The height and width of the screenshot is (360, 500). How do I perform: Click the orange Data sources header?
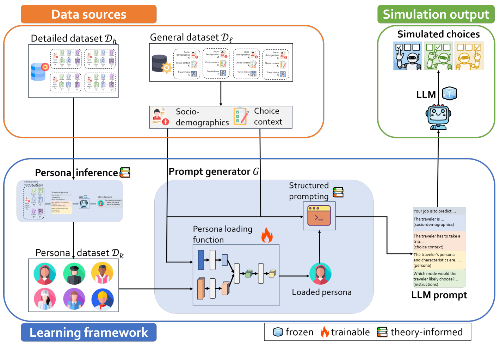tap(88, 14)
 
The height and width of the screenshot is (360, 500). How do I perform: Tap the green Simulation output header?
tap(436, 14)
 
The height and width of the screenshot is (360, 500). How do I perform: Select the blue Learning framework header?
tap(88, 333)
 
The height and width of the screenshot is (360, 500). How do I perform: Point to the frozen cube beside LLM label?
tap(450, 93)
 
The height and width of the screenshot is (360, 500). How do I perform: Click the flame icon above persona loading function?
tap(267, 235)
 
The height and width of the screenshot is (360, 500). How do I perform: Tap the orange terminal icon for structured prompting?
tap(319, 216)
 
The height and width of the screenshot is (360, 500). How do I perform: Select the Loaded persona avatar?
tap(320, 274)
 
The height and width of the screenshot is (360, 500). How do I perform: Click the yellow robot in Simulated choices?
tap(469, 56)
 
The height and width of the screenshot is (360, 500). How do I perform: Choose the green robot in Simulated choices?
tap(438, 56)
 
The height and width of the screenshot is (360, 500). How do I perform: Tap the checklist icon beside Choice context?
tap(241, 116)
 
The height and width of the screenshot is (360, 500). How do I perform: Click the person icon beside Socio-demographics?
tap(160, 117)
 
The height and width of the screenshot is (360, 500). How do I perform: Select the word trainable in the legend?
tap(350, 332)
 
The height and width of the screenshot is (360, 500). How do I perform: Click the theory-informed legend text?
tap(426, 332)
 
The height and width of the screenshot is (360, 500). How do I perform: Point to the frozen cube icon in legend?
tap(278, 332)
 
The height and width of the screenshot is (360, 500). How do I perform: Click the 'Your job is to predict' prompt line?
tap(434, 211)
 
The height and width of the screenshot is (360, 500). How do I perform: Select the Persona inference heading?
tap(76, 173)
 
